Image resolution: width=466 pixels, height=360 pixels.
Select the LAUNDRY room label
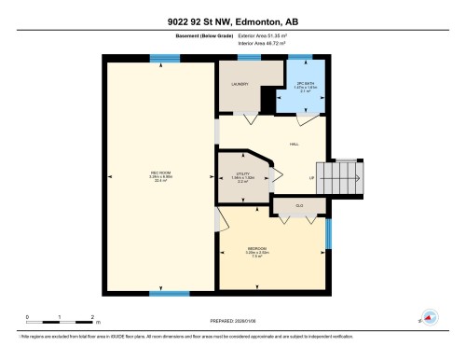(240, 84)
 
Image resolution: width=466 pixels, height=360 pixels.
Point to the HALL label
(295, 144)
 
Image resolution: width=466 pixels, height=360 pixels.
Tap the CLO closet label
(299, 204)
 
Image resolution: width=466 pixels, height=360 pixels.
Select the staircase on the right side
(344, 174)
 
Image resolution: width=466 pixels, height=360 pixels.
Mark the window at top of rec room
(164, 58)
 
